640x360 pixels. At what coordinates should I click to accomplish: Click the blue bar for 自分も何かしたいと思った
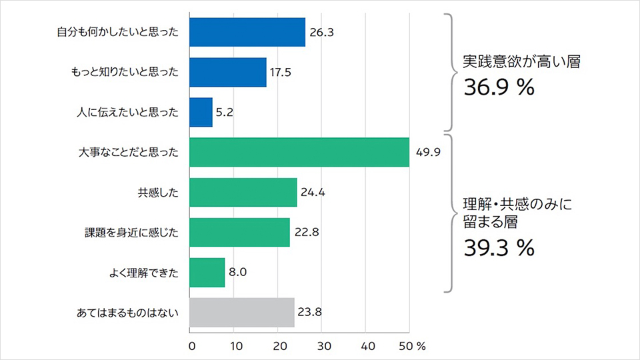247,33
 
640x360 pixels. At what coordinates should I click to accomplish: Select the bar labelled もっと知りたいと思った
228,73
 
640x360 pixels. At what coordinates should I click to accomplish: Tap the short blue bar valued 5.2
201,112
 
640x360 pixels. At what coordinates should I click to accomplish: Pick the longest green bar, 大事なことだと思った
299,152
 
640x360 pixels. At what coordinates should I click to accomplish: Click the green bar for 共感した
243,193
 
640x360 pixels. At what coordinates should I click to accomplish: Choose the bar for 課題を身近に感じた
239,233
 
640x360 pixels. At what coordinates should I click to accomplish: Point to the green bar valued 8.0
207,272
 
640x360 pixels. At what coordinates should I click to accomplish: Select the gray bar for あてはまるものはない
242,312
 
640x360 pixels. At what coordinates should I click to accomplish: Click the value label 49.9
429,153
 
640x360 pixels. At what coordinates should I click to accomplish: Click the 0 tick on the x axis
192,346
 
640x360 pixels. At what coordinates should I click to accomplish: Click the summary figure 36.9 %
499,88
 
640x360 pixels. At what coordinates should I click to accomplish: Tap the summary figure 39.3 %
499,248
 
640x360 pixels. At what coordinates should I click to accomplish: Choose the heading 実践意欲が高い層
522,63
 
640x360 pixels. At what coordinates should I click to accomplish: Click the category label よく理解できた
145,273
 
